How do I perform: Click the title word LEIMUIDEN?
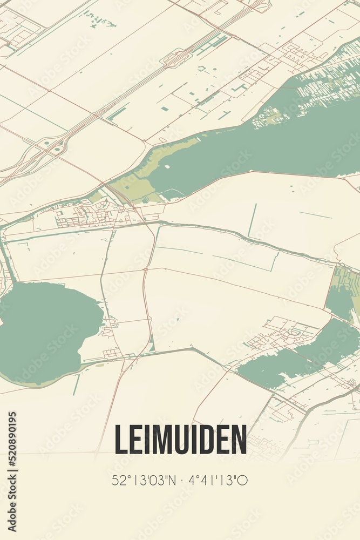click(180, 440)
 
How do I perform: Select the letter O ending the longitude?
click(243, 480)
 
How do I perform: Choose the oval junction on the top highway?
click(177, 57)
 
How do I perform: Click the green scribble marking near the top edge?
click(100, 21)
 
